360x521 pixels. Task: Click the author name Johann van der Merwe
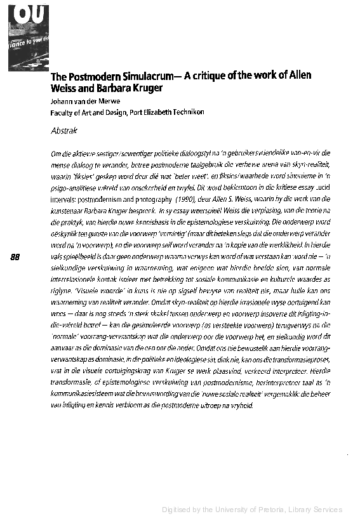click(80, 100)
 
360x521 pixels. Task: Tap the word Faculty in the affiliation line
click(63, 112)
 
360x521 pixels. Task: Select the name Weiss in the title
click(63, 88)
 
